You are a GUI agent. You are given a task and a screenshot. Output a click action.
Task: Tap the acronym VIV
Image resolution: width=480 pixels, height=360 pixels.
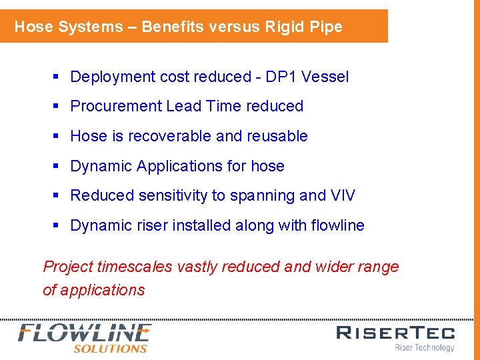[343, 195]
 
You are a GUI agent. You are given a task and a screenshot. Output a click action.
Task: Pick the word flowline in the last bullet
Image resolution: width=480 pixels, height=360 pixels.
[337, 225]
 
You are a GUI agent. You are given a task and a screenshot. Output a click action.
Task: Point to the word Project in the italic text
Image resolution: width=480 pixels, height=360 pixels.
[68, 267]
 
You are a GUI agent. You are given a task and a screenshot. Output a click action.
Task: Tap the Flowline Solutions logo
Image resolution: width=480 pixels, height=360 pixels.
[85, 337]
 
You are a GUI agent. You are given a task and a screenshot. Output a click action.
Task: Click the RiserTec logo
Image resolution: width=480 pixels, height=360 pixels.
[395, 333]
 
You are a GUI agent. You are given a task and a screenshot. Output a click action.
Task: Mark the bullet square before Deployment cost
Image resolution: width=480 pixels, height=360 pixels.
[57, 77]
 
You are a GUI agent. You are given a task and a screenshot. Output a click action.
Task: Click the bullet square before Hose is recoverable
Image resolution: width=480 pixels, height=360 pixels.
[57, 137]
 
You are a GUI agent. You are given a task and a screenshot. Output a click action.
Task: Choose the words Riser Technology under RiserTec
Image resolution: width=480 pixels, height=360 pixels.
[424, 347]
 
